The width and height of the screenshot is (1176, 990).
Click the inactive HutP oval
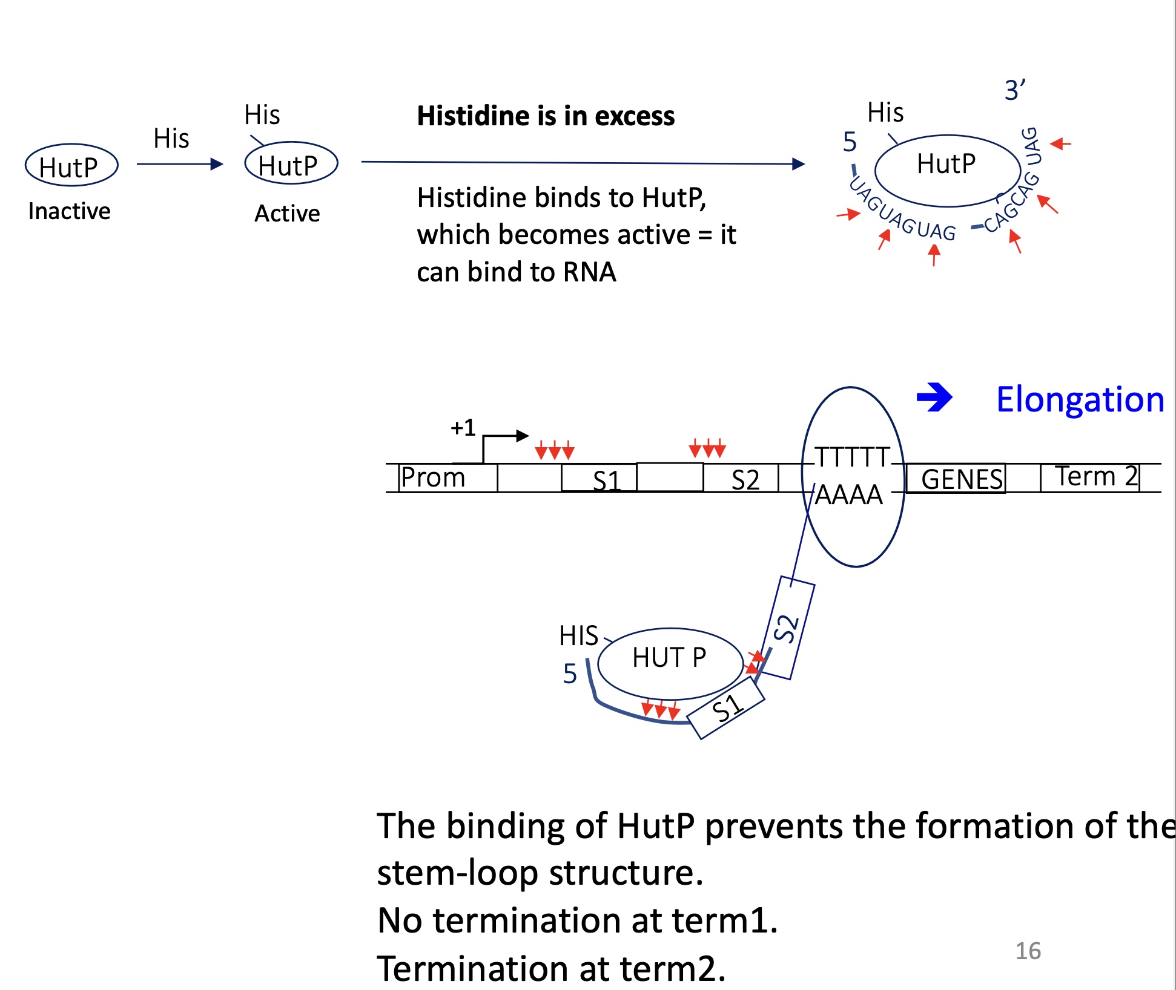tap(71, 165)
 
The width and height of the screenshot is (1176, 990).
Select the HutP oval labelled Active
tap(291, 163)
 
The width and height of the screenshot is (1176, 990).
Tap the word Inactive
tap(69, 211)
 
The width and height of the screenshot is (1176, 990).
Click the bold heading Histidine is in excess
tap(546, 116)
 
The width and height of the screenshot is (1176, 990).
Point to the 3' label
tap(1015, 90)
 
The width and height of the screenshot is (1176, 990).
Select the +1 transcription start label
tap(463, 428)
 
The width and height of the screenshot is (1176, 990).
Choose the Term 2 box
tap(1090, 477)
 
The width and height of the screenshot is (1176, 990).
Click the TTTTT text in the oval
tap(852, 457)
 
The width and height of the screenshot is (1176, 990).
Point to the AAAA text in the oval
tap(849, 495)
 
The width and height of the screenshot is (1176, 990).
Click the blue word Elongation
tap(1080, 399)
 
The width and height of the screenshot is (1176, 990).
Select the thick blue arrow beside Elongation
tap(934, 398)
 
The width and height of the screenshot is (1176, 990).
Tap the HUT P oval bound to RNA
tap(670, 662)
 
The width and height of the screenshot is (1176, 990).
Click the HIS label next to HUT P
tap(578, 636)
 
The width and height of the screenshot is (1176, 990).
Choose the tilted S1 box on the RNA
tap(726, 708)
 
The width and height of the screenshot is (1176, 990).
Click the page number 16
tap(1028, 951)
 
